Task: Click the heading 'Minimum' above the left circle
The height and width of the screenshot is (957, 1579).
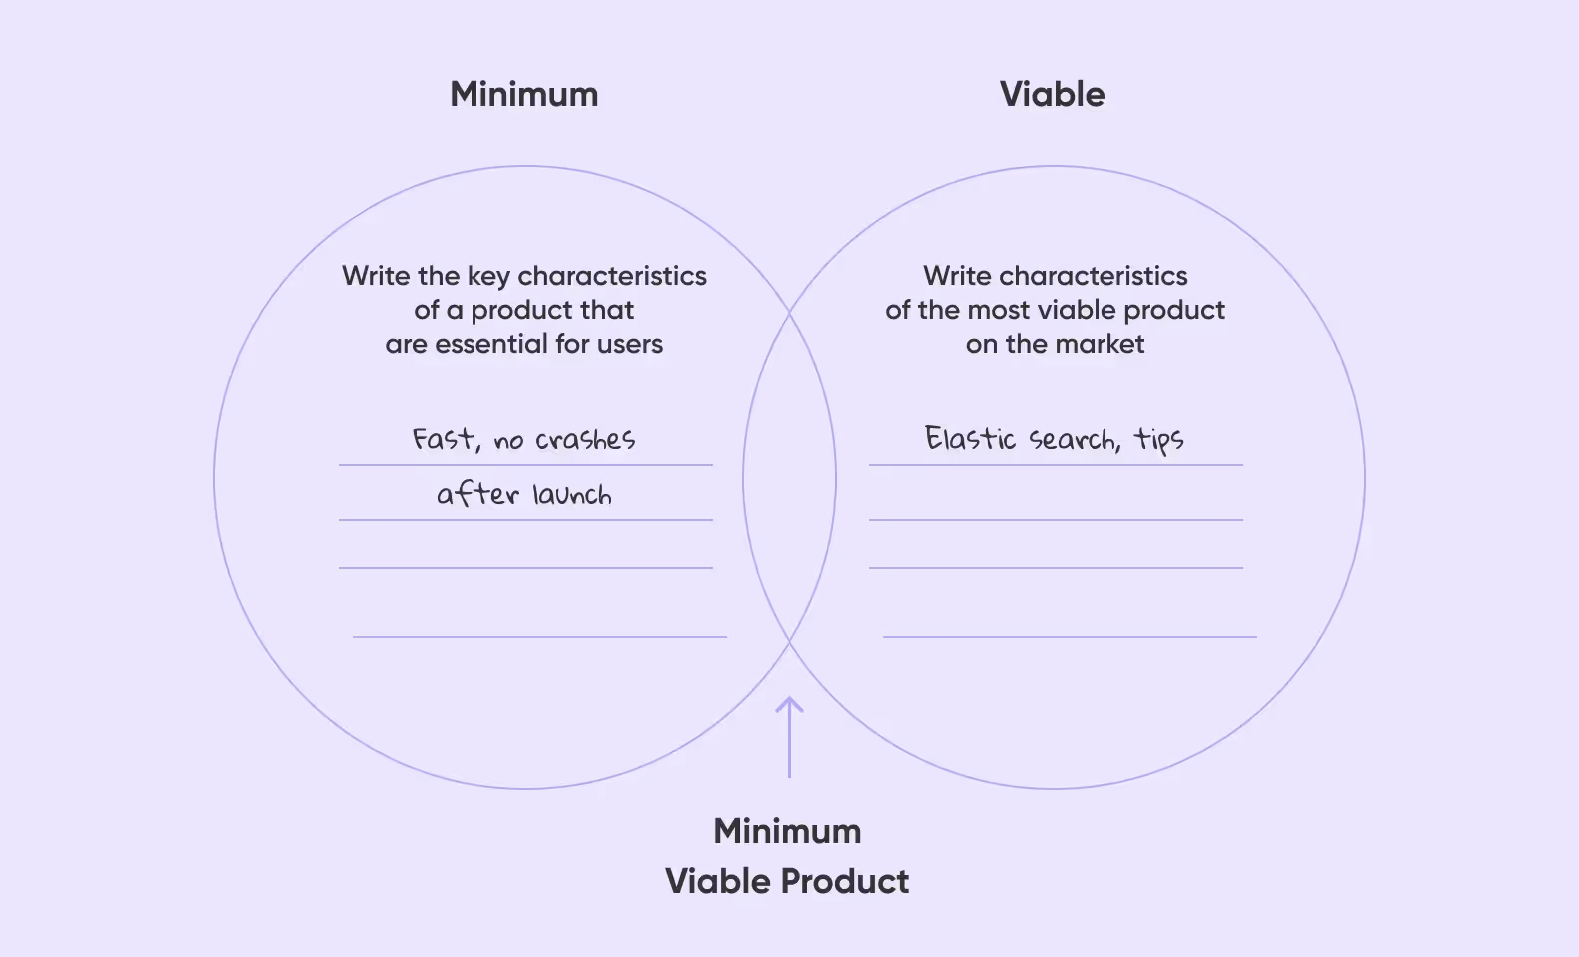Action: [x=524, y=94]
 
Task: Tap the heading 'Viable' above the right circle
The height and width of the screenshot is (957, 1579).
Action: [x=1052, y=94]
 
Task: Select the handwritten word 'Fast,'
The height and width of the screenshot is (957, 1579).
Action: [x=446, y=439]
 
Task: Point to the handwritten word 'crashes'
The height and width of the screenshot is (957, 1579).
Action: [x=585, y=439]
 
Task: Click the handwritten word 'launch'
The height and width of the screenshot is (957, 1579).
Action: [x=571, y=494]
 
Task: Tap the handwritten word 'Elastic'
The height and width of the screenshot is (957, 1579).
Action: [x=970, y=439]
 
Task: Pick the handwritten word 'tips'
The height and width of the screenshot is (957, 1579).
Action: [x=1159, y=440]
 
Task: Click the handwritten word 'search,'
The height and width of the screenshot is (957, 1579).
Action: [x=1074, y=440]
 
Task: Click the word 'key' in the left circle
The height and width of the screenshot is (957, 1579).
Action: [x=488, y=276]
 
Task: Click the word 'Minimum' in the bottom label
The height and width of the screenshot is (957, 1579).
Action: [x=788, y=831]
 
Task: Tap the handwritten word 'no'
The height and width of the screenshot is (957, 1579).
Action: [x=508, y=441]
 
